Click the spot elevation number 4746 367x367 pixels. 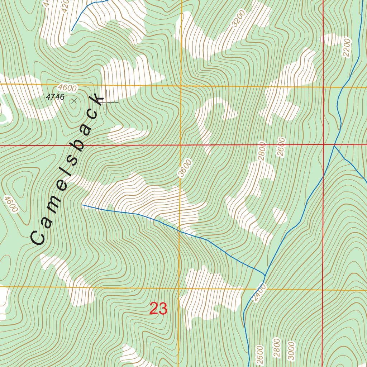pos(55,97)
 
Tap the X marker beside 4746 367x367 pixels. pos(74,101)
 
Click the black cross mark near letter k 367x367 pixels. pos(106,103)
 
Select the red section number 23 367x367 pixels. pos(158,309)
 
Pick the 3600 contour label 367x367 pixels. pos(185,168)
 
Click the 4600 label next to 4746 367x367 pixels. pos(67,88)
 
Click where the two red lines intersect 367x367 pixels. pos(323,145)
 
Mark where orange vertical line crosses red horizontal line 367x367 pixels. pos(180,146)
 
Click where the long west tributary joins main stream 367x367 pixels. pos(264,275)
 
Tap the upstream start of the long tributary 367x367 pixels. pos(82,205)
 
